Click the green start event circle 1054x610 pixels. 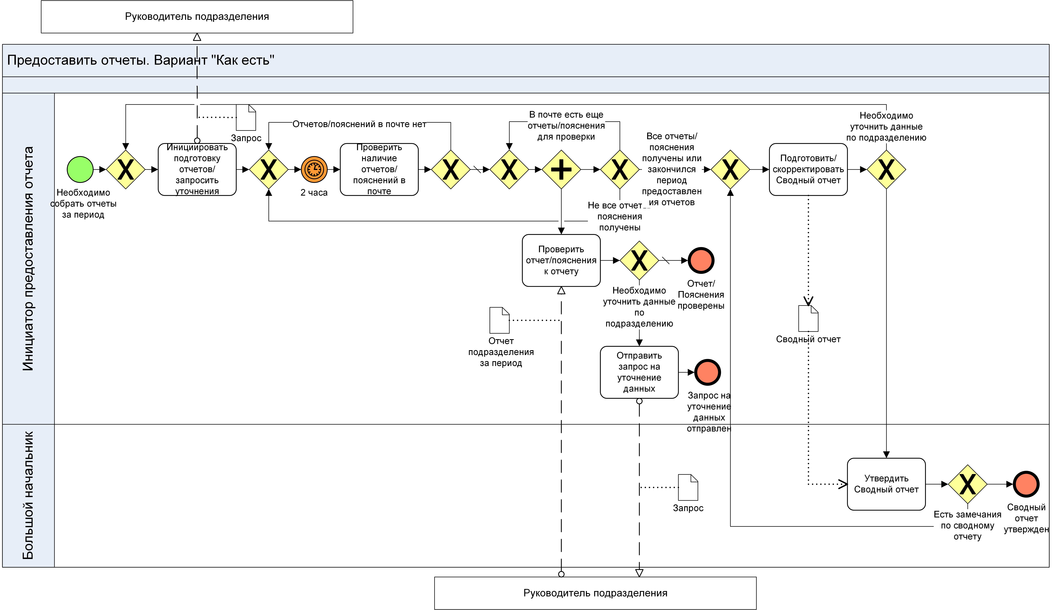pyautogui.click(x=80, y=169)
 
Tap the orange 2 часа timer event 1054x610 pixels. pyautogui.click(x=314, y=169)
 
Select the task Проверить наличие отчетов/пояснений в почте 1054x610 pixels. pyautogui.click(x=379, y=169)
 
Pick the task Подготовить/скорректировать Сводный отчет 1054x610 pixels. pyautogui.click(x=808, y=169)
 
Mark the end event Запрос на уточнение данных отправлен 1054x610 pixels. pyautogui.click(x=707, y=372)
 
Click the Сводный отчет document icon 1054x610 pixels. pyautogui.click(x=808, y=319)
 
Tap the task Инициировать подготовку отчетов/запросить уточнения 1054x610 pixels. pyautogui.click(x=197, y=169)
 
